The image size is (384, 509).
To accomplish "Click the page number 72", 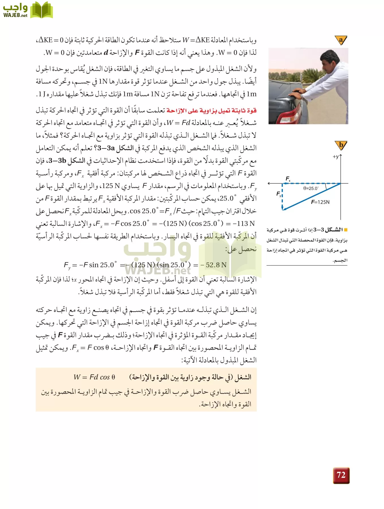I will (341, 475).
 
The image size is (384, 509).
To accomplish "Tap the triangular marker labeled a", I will (341, 40).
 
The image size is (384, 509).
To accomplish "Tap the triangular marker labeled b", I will (341, 145).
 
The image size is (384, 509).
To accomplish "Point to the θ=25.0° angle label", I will (311, 188).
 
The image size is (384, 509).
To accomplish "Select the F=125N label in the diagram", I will (320, 202).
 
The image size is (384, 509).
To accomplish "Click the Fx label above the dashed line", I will (288, 179).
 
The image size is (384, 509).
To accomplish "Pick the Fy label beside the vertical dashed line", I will (279, 194).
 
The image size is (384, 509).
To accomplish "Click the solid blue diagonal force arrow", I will (311, 197).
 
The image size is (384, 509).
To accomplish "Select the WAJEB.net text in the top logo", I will (15, 15).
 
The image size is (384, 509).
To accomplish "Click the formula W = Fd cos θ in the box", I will (94, 377).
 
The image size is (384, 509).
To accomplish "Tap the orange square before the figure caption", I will (345, 230).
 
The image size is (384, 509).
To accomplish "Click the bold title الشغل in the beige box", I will (243, 377).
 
